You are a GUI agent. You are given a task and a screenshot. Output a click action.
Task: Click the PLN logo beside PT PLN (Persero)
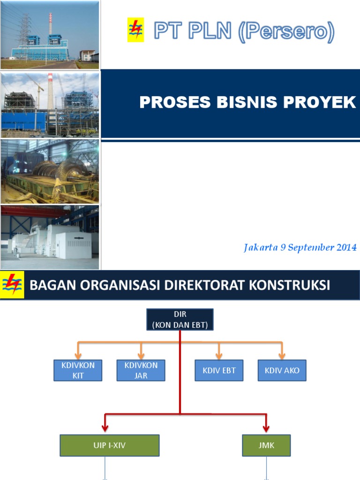click(135, 30)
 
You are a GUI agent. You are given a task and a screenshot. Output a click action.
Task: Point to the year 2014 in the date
click(346, 248)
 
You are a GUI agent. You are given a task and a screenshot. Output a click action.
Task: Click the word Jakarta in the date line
click(260, 248)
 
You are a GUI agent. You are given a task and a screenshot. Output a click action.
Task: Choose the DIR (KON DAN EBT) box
click(180, 319)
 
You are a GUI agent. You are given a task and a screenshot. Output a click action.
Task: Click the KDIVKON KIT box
click(78, 370)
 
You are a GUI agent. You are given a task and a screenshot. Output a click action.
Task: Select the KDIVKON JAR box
click(141, 370)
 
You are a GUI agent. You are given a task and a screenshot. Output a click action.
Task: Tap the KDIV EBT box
click(219, 370)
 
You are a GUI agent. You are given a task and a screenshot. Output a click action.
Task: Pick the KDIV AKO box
click(282, 370)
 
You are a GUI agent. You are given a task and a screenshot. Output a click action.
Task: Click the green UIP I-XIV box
click(109, 445)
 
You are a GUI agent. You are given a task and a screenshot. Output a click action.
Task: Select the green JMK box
click(266, 445)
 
